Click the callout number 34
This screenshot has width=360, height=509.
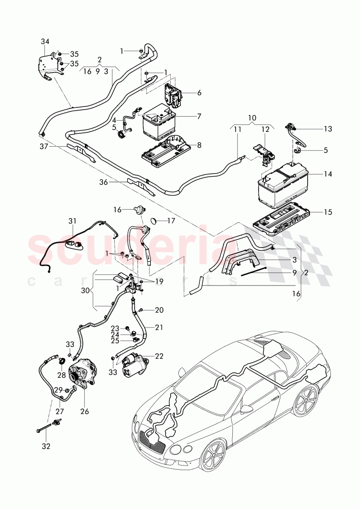coord(45,42)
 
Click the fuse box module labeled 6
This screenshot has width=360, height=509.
coord(173,92)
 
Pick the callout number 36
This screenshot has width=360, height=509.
coord(103,182)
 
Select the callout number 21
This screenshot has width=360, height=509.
coord(159,327)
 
